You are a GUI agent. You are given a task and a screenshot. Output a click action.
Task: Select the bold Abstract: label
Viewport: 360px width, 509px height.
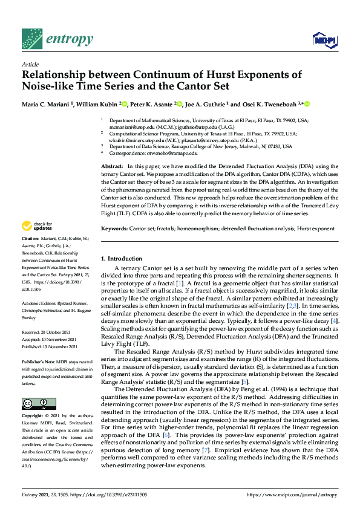coord(112,166)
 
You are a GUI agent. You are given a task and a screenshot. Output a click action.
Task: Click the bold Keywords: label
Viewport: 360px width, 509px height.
coord(114,229)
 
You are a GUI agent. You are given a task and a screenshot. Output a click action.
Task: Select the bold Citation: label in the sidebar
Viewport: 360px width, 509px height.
coord(31,256)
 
